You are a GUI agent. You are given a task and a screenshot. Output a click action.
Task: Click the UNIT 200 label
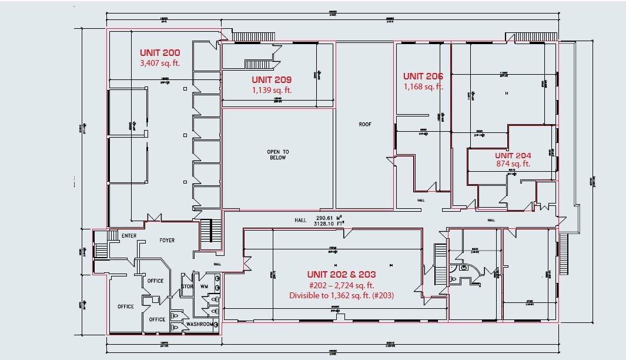[160, 53]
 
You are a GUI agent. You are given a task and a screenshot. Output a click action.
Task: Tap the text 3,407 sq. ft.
[160, 62]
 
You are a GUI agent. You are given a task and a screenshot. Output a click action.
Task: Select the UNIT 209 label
[272, 80]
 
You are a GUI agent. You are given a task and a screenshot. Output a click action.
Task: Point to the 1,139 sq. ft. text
[272, 90]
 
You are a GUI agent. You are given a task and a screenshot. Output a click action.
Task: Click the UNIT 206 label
[423, 76]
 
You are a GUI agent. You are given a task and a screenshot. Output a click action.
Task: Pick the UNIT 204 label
[513, 155]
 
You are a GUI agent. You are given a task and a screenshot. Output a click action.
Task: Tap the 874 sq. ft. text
[513, 164]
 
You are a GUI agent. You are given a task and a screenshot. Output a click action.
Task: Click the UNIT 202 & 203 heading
[342, 275]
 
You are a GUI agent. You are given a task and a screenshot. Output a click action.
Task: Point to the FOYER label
[167, 241]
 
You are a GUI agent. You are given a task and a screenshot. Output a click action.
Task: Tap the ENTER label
[129, 236]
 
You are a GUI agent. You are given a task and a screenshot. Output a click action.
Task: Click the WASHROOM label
[200, 324]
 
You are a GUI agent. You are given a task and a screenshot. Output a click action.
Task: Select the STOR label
[186, 287]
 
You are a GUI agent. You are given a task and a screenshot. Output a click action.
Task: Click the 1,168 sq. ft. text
[423, 86]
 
